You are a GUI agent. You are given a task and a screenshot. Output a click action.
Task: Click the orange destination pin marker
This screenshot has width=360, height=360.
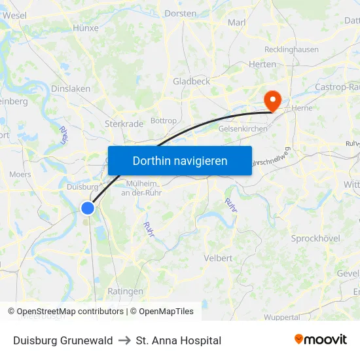(271, 100)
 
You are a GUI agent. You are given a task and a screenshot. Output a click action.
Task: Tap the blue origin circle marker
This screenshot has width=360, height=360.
(87, 207)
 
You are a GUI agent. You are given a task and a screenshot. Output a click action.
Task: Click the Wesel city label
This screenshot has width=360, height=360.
(14, 15)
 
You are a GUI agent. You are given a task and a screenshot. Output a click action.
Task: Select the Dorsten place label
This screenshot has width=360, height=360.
(180, 13)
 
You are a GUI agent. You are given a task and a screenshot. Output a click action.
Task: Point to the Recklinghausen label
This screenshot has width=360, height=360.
(291, 50)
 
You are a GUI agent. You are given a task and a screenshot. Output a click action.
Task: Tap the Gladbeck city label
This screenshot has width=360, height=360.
(191, 81)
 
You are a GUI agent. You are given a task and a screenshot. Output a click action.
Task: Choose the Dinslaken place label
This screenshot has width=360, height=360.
(71, 88)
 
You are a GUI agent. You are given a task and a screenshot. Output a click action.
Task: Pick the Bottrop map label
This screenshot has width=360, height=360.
(163, 121)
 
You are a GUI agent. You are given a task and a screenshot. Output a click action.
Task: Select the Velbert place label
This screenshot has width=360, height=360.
(218, 258)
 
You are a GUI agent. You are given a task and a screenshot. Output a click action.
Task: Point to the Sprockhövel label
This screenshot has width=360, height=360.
(315, 238)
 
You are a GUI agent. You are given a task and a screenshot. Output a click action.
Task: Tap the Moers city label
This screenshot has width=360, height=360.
(20, 175)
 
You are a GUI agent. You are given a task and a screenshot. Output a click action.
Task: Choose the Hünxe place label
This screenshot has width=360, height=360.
(86, 28)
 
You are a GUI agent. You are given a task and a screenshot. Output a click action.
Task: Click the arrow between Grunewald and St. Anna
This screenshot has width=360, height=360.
(124, 340)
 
